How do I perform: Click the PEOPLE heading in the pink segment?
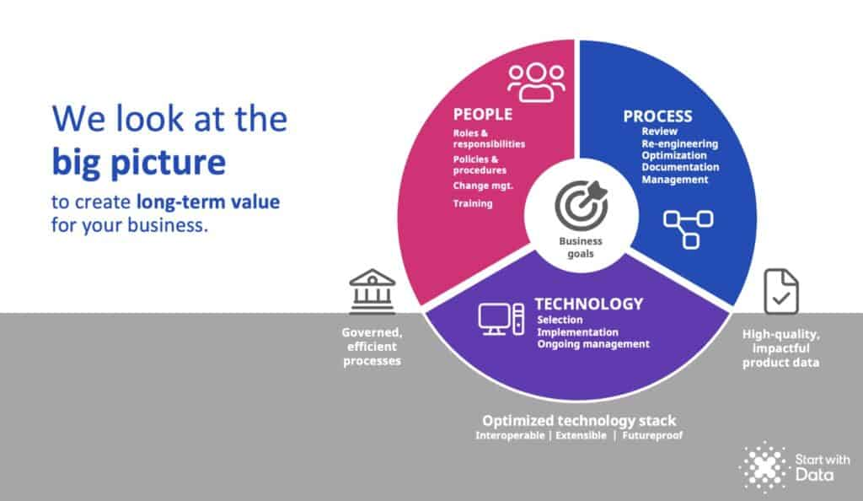483,114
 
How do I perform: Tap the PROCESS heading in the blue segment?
657,116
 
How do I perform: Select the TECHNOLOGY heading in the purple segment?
589,304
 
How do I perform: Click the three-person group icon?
536,83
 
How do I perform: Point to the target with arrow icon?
582,205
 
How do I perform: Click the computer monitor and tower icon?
501,319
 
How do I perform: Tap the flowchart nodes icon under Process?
689,229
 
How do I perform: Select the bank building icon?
372,291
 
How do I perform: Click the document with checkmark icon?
781,291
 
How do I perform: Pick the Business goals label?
581,247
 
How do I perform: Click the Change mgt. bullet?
483,186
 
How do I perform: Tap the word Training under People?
473,203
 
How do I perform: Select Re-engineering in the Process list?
680,143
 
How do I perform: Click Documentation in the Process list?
680,167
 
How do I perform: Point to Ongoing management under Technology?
593,344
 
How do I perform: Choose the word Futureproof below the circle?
652,435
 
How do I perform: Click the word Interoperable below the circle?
510,435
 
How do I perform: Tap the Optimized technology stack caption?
579,421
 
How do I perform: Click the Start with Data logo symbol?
764,466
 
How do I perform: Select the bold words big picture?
139,163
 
